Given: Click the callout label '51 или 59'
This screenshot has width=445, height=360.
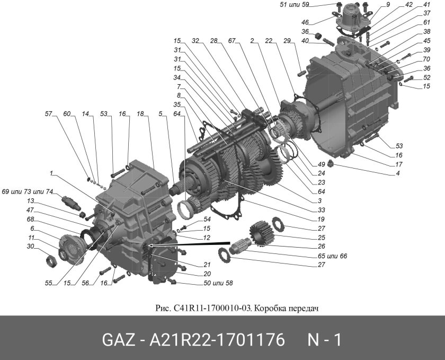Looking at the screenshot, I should click(293, 5).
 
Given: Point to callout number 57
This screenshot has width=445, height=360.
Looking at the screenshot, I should click(49, 114).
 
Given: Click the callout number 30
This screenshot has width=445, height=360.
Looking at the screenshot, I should click(31, 246).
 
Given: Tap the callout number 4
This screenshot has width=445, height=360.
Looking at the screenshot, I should click(397, 173).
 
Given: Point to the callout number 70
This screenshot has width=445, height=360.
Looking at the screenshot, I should click(412, 60).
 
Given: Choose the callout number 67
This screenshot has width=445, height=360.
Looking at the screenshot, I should click(232, 41).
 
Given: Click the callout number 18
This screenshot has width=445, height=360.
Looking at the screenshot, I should click(140, 114).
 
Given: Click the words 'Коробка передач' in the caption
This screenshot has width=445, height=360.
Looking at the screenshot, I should click(291, 308).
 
